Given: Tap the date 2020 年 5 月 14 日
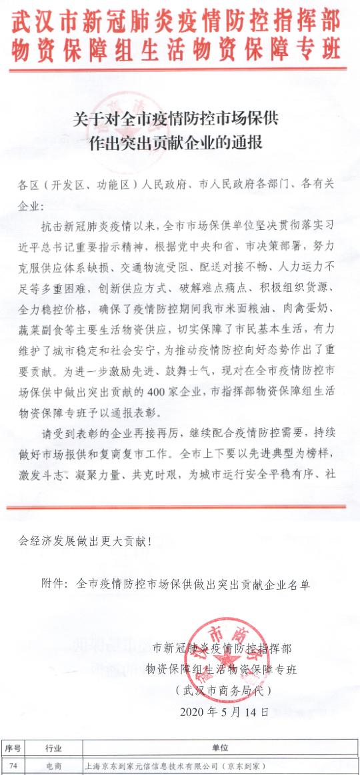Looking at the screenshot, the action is (x=225, y=712).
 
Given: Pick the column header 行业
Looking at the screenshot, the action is (x=54, y=748).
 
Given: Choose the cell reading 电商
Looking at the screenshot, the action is (x=54, y=766).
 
